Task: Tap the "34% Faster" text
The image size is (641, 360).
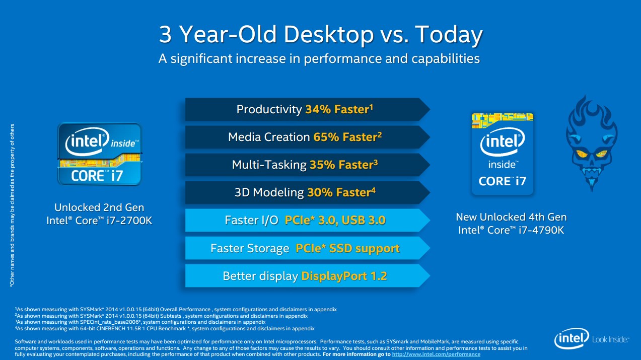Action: (337, 109)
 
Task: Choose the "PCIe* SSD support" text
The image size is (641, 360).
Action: (347, 248)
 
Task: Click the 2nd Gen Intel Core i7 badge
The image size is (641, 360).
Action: (99, 154)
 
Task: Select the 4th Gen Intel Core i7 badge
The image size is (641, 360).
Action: (502, 154)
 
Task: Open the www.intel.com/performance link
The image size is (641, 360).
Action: (436, 354)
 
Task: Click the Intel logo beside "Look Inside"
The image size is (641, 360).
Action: (572, 338)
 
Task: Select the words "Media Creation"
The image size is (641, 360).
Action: (269, 137)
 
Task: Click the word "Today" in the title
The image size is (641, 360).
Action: (449, 34)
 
